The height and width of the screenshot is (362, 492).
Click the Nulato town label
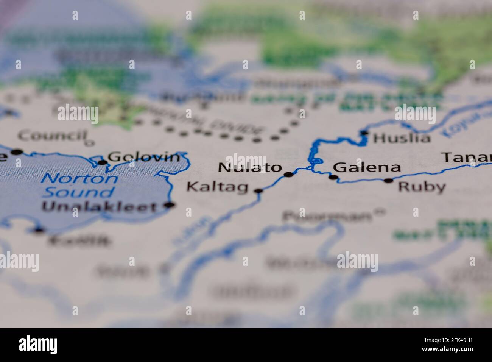coord(250,168)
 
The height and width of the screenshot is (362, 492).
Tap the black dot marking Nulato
coord(289,175)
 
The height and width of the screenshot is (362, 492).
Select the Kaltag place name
coord(218,187)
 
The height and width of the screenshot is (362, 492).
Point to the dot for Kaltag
coord(258,191)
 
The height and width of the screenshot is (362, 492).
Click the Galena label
coord(366,167)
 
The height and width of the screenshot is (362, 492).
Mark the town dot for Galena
coord(333,177)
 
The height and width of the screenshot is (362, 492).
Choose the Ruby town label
coord(422,187)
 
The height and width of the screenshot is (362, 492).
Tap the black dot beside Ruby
coord(389,181)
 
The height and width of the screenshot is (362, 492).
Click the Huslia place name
coord(402,138)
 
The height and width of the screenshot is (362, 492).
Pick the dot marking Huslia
coord(364,133)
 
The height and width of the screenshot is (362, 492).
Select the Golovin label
coord(144,157)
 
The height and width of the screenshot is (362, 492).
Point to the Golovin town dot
coord(103,163)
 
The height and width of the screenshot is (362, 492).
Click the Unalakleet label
coord(99,207)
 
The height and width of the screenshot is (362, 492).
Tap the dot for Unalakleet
coord(170,205)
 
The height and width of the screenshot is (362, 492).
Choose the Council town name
coord(52,135)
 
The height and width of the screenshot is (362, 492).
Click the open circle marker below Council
coord(89,143)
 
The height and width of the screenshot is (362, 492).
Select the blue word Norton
coord(79,178)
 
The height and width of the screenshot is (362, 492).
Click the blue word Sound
coord(78,192)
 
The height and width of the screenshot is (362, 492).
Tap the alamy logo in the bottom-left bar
coord(38,345)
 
